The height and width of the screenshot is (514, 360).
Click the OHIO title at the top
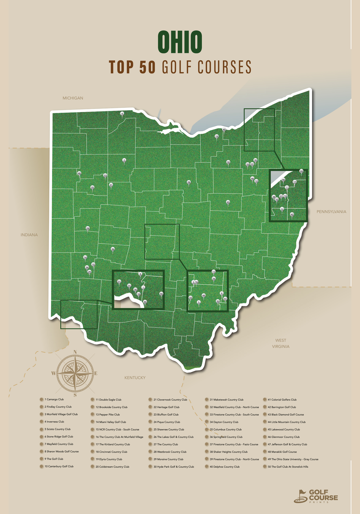[x=180, y=42]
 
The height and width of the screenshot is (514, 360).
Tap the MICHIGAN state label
[x=73, y=98]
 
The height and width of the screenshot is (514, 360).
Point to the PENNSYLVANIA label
[x=331, y=212]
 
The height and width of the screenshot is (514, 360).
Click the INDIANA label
[x=29, y=235]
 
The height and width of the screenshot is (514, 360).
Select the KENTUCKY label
[x=135, y=377]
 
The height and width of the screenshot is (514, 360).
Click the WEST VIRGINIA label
[x=280, y=343]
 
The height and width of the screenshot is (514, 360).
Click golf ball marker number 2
[x=124, y=160]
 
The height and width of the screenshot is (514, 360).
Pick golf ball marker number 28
[x=189, y=182]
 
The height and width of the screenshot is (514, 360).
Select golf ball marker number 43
[x=228, y=202]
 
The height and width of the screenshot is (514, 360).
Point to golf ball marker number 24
[x=88, y=228]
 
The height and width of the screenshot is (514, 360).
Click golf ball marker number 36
[x=113, y=249]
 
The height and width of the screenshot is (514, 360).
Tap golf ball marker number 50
[x=161, y=294]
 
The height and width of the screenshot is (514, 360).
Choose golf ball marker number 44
[x=301, y=171]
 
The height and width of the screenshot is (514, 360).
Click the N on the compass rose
[x=75, y=352]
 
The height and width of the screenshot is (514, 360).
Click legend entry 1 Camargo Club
[x=54, y=399]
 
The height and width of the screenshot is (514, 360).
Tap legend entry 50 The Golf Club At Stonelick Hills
[x=288, y=467]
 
